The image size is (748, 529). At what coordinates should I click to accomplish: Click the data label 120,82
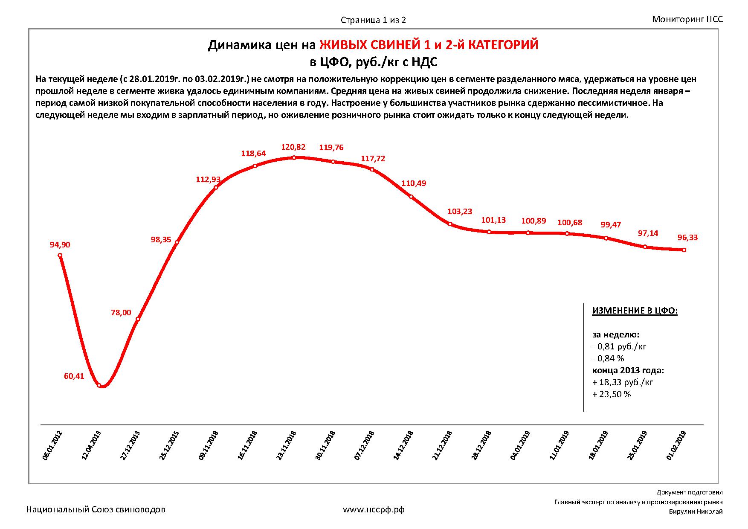tap(293, 147)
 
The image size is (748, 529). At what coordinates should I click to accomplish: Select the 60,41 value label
tap(74, 376)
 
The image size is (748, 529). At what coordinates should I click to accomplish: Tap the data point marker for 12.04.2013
tap(99, 385)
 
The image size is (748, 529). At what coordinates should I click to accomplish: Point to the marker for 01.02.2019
tap(684, 250)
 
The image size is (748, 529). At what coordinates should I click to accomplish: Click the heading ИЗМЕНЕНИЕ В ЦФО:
tap(635, 311)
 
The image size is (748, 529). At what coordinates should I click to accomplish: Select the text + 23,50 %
tap(612, 394)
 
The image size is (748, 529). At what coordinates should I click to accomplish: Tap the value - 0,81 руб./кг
tap(619, 346)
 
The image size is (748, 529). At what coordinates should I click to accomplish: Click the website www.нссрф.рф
tap(374, 509)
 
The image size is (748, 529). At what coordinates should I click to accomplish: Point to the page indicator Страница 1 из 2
tap(373, 20)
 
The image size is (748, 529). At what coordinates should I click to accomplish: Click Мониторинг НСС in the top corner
tap(687, 19)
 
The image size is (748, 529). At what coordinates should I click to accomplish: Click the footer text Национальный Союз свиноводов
tap(96, 509)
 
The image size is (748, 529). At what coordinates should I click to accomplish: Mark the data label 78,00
tap(121, 313)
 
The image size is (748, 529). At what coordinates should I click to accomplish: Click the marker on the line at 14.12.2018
tap(411, 197)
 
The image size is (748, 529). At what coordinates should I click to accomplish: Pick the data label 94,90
tap(60, 245)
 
